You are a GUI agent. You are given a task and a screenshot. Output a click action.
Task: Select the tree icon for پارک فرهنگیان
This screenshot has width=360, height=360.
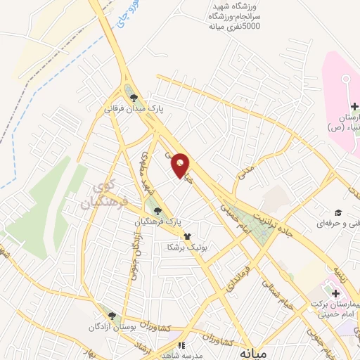pos(157,210)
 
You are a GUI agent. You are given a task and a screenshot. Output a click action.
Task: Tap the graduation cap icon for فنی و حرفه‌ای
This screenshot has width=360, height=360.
pos(338,212)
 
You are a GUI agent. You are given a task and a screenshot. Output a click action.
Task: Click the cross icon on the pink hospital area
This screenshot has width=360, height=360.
pos(354,106)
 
